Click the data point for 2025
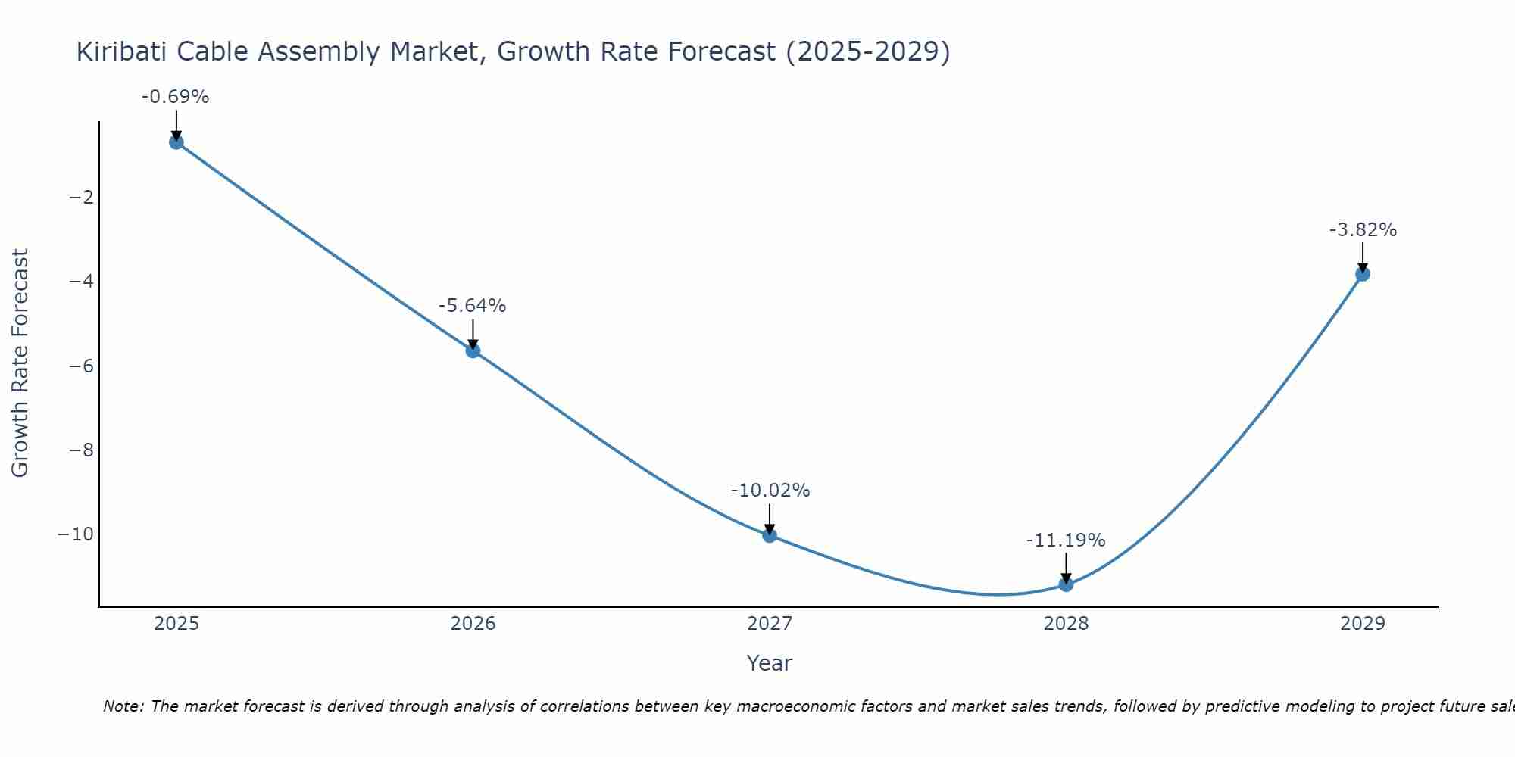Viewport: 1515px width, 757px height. pos(176,142)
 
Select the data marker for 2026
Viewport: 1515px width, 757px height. pos(473,350)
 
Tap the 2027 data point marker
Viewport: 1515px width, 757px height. pos(770,535)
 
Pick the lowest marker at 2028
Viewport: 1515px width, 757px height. pos(1066,584)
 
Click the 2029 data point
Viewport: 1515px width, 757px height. pos(1363,274)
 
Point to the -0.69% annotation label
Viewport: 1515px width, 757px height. pos(175,97)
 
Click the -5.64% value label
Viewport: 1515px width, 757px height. pos(472,306)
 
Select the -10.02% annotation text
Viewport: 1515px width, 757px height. pos(770,491)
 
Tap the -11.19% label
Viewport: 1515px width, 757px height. pos(1065,540)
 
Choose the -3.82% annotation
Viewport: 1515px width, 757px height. pos(1363,230)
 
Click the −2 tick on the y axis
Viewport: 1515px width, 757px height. pos(81,198)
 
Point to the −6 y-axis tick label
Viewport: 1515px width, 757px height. pos(81,366)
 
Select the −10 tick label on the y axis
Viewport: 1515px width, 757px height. pos(76,534)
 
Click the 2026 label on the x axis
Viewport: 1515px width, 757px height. pos(473,624)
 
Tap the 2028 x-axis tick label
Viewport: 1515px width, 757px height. pos(1066,624)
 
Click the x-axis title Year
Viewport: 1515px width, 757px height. pos(769,663)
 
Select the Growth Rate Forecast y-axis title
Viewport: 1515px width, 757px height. pos(20,363)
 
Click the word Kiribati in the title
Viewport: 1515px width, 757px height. pos(122,52)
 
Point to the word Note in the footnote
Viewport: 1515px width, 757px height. pos(122,706)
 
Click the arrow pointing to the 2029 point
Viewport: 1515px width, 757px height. pos(1363,257)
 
